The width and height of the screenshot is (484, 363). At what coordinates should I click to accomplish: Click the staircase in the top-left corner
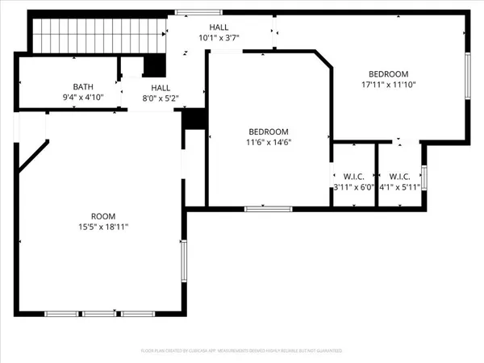point(98,34)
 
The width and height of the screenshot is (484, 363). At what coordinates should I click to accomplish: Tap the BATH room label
point(83,87)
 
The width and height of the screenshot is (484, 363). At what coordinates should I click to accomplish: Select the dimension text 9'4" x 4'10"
point(83,98)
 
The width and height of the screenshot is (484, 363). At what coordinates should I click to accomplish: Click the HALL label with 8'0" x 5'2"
point(161,88)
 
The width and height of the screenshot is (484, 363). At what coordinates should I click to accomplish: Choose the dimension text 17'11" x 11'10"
point(389,84)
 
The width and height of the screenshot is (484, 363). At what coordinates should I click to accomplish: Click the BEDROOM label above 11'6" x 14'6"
point(269,131)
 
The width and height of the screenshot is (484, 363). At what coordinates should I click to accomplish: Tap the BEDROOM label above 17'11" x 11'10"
point(389,73)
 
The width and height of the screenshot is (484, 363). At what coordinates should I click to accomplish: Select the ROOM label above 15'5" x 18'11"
point(103,216)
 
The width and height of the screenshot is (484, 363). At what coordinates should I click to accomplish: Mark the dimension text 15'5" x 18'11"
point(103,227)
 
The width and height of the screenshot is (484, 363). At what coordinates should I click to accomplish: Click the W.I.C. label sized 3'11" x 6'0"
point(354,177)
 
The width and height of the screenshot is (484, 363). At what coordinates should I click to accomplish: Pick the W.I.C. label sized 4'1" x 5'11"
point(400,177)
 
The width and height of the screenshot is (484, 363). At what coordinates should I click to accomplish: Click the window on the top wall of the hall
point(190,12)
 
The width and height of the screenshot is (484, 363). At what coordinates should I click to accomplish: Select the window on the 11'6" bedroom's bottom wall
point(268,209)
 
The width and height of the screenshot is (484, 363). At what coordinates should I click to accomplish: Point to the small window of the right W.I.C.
point(423,177)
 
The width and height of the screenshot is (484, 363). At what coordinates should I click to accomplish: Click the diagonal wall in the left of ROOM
point(33,156)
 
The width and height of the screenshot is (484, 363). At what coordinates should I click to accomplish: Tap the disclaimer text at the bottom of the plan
point(241,352)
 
